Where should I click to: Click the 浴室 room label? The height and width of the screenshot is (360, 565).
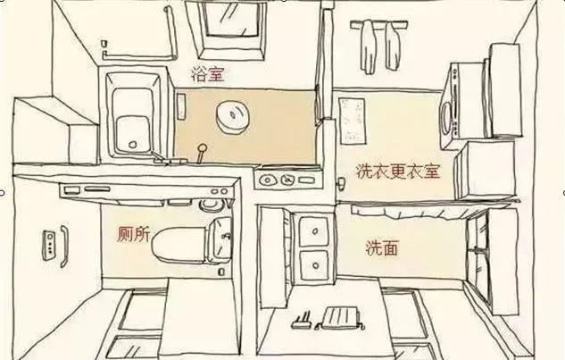208,74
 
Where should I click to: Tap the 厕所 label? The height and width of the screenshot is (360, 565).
133,234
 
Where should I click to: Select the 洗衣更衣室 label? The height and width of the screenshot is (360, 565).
398,171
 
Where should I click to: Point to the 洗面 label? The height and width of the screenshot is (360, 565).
382,248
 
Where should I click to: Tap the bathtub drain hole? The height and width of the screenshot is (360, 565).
133,145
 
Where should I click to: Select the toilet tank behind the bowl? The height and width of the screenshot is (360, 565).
220,240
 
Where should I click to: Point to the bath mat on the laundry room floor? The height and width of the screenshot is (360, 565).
352,121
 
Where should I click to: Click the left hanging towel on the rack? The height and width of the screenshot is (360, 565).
369,46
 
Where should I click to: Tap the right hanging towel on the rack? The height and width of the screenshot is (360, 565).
392,46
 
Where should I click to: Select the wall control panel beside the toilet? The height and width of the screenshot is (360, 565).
48,246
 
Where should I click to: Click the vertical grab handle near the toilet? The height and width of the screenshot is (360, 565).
63,247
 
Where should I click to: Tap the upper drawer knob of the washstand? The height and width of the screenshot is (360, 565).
315,230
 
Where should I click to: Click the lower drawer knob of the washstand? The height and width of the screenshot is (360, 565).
316,265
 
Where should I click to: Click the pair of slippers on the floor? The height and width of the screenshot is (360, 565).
302,321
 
